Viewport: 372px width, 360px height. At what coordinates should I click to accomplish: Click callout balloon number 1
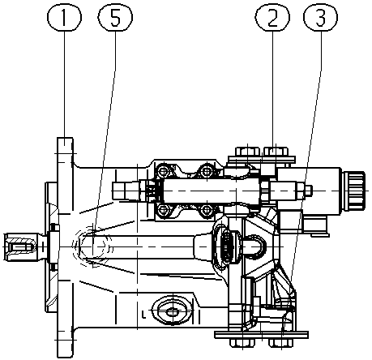tap(64, 17)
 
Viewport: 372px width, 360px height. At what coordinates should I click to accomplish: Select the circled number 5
tap(115, 17)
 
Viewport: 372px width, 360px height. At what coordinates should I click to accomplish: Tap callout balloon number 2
tap(272, 17)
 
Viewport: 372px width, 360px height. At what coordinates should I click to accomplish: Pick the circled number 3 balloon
tap(321, 17)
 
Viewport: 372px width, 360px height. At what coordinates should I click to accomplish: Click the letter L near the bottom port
tap(144, 315)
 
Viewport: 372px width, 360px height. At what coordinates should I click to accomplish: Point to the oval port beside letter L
tap(172, 312)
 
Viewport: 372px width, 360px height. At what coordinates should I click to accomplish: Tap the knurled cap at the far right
tap(354, 191)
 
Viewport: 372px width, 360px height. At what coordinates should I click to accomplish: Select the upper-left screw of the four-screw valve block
tap(163, 171)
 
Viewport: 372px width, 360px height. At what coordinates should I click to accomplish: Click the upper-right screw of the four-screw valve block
tap(206, 171)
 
